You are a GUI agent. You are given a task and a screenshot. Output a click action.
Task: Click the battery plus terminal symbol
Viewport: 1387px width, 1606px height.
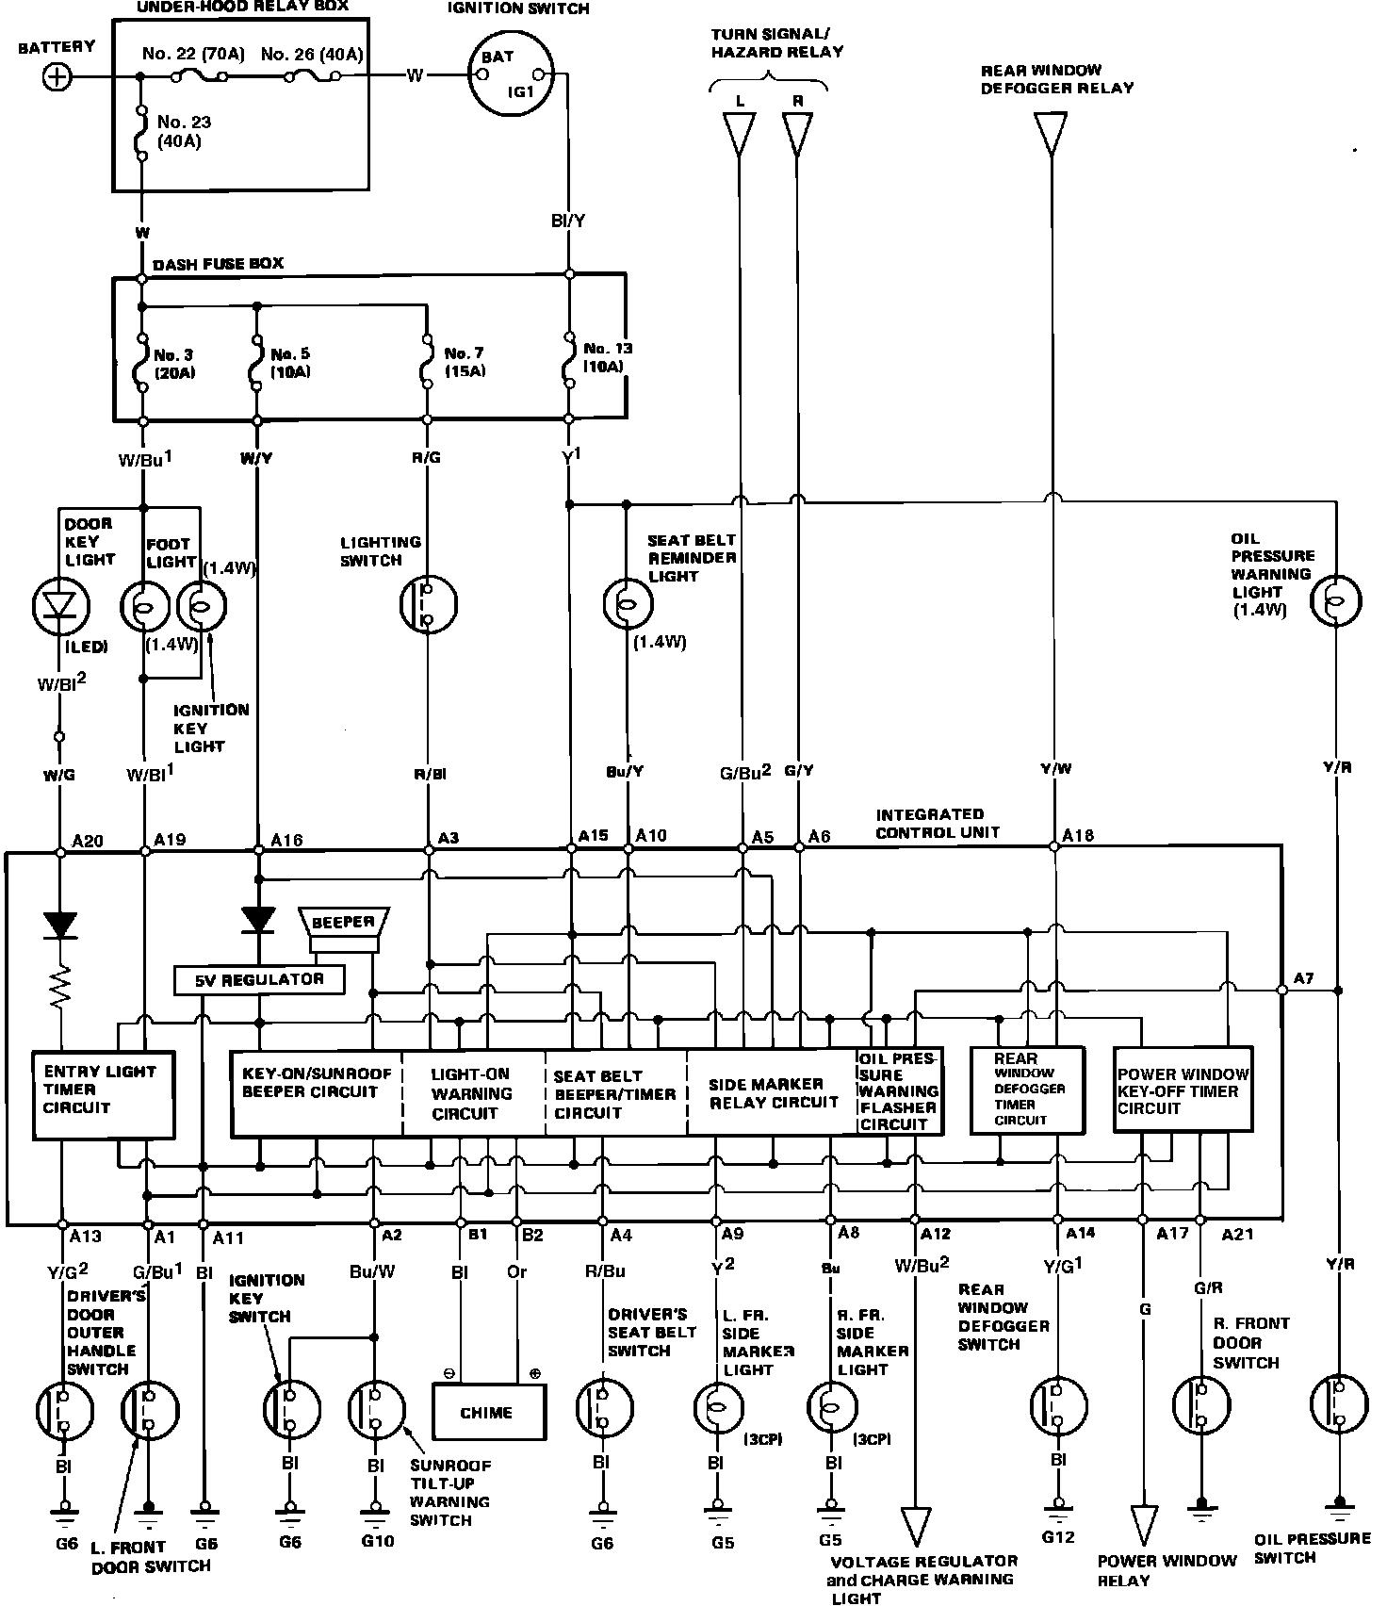(x=57, y=77)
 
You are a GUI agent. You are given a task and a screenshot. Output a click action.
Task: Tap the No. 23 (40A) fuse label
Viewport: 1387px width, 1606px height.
(x=184, y=131)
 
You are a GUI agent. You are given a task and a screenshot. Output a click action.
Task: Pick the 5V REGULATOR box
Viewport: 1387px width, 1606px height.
(x=259, y=980)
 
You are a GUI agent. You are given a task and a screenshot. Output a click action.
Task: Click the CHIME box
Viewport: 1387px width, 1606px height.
(x=487, y=1413)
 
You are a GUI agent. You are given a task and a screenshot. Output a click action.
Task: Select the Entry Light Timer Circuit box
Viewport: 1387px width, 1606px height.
(x=104, y=1092)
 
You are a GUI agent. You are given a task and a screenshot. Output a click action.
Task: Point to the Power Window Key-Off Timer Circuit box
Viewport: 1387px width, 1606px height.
(x=1183, y=1090)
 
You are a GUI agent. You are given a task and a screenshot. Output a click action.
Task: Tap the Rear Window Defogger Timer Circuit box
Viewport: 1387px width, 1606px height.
(x=1027, y=1090)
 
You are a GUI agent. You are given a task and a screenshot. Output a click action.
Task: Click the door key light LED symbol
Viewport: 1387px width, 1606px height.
(x=60, y=606)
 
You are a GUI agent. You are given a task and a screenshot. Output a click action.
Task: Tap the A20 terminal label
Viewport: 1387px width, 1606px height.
(x=88, y=840)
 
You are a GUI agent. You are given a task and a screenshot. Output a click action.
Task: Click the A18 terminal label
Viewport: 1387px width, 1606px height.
(x=1078, y=835)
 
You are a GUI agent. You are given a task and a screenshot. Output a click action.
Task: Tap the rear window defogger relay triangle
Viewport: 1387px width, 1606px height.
(x=1051, y=133)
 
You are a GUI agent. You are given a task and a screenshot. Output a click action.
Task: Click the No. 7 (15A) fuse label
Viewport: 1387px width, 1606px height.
(x=465, y=362)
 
